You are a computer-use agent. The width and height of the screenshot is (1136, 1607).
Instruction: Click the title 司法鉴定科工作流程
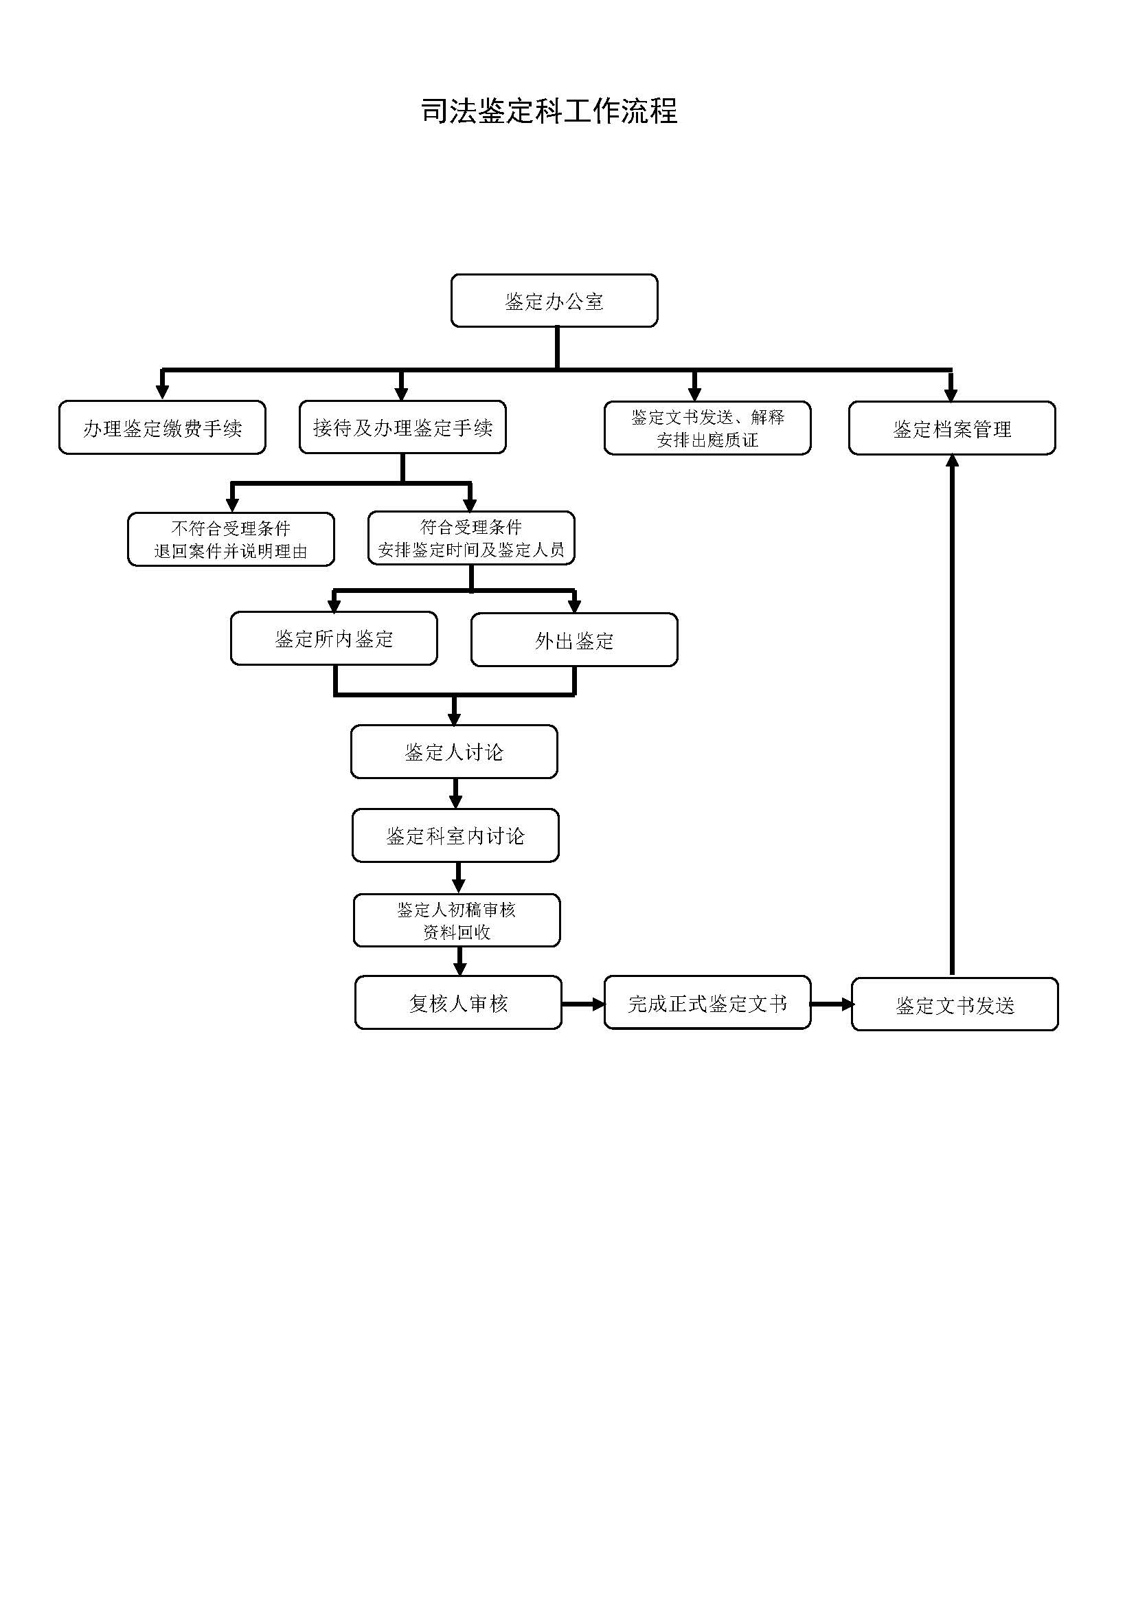tap(549, 111)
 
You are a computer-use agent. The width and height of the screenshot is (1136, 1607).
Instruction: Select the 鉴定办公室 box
tap(554, 300)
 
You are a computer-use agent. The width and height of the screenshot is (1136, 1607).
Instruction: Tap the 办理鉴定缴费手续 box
tap(162, 427)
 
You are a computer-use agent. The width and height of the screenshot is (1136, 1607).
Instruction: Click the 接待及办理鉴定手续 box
tap(402, 427)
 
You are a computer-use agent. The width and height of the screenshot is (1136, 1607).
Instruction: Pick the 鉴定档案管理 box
tap(952, 428)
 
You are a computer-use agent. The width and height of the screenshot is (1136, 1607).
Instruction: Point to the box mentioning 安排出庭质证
tap(707, 427)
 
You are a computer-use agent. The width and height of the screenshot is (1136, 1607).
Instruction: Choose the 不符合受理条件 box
tap(231, 539)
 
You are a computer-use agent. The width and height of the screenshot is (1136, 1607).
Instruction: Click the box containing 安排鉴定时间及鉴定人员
tap(471, 537)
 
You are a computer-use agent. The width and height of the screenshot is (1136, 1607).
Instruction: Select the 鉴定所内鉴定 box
tap(334, 638)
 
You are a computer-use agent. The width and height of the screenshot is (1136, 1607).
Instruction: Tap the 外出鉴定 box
tap(574, 640)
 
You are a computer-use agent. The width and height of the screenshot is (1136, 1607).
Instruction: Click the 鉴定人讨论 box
tap(454, 752)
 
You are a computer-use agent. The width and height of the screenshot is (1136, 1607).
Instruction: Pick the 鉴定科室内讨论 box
tap(455, 835)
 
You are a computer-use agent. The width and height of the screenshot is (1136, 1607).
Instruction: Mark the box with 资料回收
tap(457, 921)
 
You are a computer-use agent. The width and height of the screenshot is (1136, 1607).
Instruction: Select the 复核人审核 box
tap(458, 1003)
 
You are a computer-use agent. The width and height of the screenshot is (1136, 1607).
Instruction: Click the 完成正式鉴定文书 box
tap(707, 1003)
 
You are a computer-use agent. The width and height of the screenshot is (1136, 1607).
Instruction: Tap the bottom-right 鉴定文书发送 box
tap(955, 1004)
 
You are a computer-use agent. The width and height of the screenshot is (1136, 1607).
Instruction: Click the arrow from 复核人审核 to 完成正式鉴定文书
tap(583, 1004)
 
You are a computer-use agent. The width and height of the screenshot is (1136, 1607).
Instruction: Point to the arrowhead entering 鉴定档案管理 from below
tap(952, 460)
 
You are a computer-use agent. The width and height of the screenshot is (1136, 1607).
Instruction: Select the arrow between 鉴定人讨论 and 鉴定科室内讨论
tap(455, 794)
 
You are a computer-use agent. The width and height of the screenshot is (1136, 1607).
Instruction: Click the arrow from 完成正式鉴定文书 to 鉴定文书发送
tap(832, 1004)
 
